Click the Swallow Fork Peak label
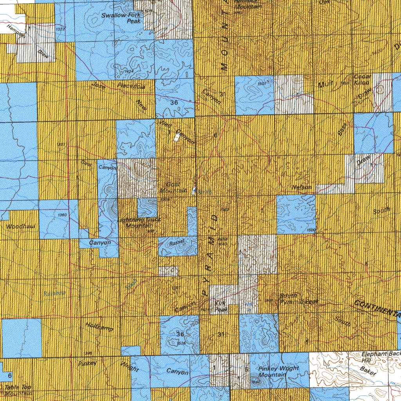pyautogui.click(x=121, y=18)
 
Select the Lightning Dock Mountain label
pyautogui.click(x=139, y=223)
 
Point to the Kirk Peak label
pyautogui.click(x=221, y=306)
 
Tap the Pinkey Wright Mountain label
pyautogui.click(x=278, y=371)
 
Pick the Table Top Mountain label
pyautogui.click(x=18, y=390)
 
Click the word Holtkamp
pyautogui.click(x=99, y=326)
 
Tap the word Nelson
pyautogui.click(x=302, y=188)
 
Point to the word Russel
pyautogui.click(x=177, y=243)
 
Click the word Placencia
pyautogui.click(x=131, y=86)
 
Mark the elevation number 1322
pyautogui.click(x=60, y=29)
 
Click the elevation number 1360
pyautogui.click(x=62, y=215)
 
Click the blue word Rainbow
pyautogui.click(x=54, y=293)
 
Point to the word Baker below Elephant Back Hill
pyautogui.click(x=368, y=371)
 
